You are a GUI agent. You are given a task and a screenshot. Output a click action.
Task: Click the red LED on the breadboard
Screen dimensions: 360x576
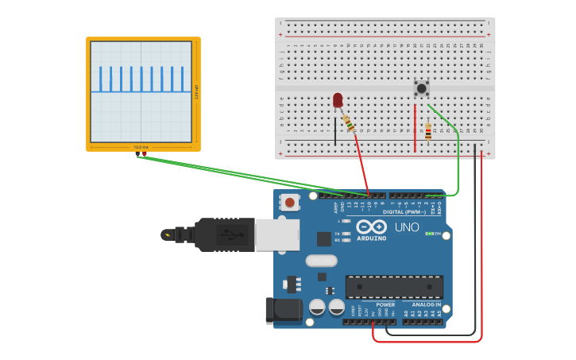click(x=338, y=99)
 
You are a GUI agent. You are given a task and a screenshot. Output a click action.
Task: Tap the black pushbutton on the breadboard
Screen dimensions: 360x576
click(x=421, y=88)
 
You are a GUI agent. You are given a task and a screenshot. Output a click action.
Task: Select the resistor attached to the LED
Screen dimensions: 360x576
click(x=349, y=122)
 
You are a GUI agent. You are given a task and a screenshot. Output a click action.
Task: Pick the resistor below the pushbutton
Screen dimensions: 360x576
click(x=428, y=132)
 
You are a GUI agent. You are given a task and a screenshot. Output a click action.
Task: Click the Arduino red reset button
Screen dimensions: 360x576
click(x=290, y=203)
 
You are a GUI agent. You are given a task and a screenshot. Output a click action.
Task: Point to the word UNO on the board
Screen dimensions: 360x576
click(x=407, y=227)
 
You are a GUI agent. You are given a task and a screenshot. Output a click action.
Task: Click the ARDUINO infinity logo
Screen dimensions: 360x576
click(x=371, y=226)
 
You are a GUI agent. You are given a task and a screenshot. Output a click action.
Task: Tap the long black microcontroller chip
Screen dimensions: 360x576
click(x=394, y=286)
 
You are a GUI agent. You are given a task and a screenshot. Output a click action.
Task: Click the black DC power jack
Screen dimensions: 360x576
click(x=283, y=311)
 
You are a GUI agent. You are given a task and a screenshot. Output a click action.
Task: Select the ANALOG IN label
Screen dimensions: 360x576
click(x=426, y=304)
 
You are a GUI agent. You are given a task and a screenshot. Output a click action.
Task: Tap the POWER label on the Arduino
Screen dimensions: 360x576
click(x=385, y=304)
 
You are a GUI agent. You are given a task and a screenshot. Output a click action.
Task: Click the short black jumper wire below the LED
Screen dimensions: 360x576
click(x=335, y=129)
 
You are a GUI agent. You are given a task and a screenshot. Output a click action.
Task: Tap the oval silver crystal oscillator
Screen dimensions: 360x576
click(x=321, y=260)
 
